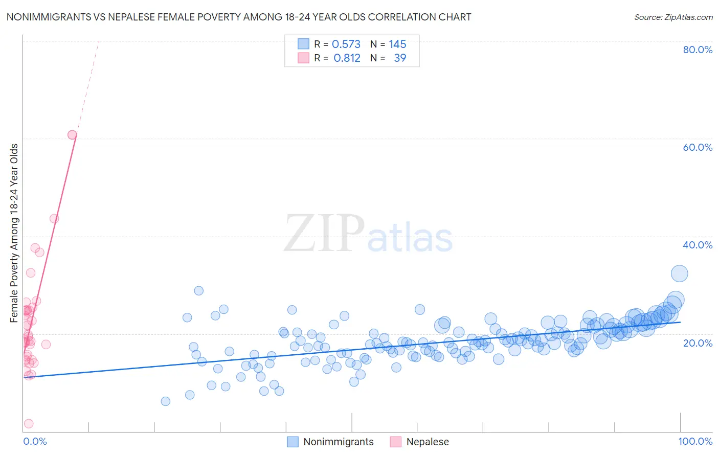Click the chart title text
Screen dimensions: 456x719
(x=239, y=17)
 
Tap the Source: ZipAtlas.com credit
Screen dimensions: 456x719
(x=673, y=17)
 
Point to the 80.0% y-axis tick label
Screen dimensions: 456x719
(x=698, y=50)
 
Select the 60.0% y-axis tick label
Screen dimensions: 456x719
(x=698, y=147)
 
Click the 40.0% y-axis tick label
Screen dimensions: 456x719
(x=698, y=245)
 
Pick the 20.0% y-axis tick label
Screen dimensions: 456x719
(x=698, y=343)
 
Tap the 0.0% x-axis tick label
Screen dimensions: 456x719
(x=35, y=441)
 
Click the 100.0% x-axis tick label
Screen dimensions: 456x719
(x=695, y=441)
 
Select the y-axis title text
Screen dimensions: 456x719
(x=14, y=233)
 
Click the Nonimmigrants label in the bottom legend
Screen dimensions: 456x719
(x=338, y=442)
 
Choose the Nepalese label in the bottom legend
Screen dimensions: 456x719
(x=427, y=442)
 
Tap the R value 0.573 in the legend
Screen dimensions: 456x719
(x=346, y=44)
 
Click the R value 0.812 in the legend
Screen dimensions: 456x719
(x=347, y=58)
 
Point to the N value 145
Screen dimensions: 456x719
(x=397, y=44)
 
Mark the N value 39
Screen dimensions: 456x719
(x=400, y=58)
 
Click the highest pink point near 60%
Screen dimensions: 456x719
(x=72, y=135)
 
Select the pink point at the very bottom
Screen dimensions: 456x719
(x=29, y=424)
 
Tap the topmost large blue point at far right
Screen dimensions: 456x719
(x=679, y=273)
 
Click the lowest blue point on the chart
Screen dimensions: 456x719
(x=165, y=401)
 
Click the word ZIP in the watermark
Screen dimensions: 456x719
(x=324, y=234)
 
